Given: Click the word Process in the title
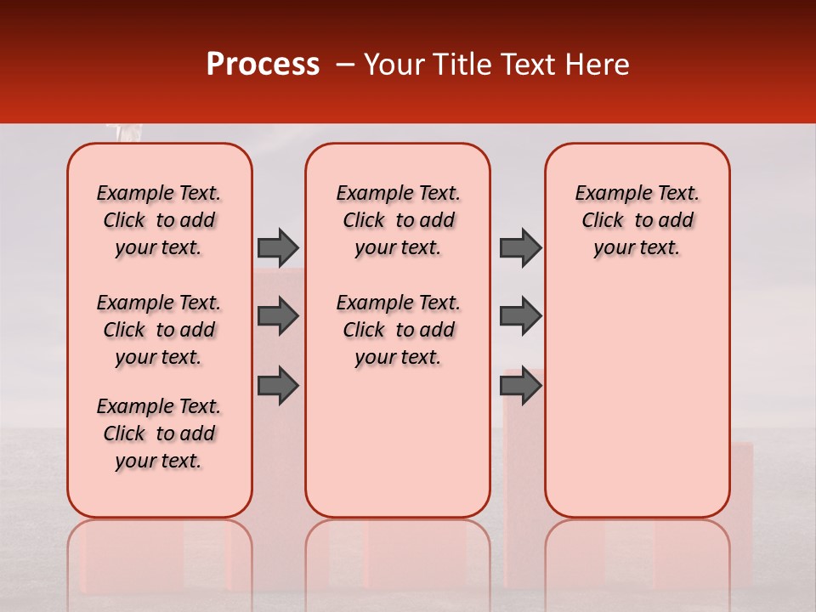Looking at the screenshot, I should (x=263, y=65).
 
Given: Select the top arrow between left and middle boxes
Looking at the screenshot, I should (x=277, y=247).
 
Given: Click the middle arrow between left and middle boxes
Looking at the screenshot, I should (x=277, y=316).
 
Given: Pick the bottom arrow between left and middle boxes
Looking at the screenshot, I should (x=277, y=386).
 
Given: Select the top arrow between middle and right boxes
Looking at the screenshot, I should (x=519, y=247).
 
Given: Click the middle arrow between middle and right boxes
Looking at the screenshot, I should (x=519, y=316).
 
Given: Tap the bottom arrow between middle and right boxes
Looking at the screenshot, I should (x=519, y=386).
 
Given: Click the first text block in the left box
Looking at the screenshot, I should (x=159, y=220).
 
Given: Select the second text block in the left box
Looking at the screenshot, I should (x=159, y=330).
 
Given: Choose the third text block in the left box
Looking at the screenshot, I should (x=159, y=433).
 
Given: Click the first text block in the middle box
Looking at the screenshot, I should (x=398, y=220).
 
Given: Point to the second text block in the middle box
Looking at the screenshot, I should (x=398, y=330).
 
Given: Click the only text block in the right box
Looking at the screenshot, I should (x=637, y=220).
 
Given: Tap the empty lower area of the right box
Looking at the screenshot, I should (x=637, y=408).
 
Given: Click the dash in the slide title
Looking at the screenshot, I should (x=344, y=65).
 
